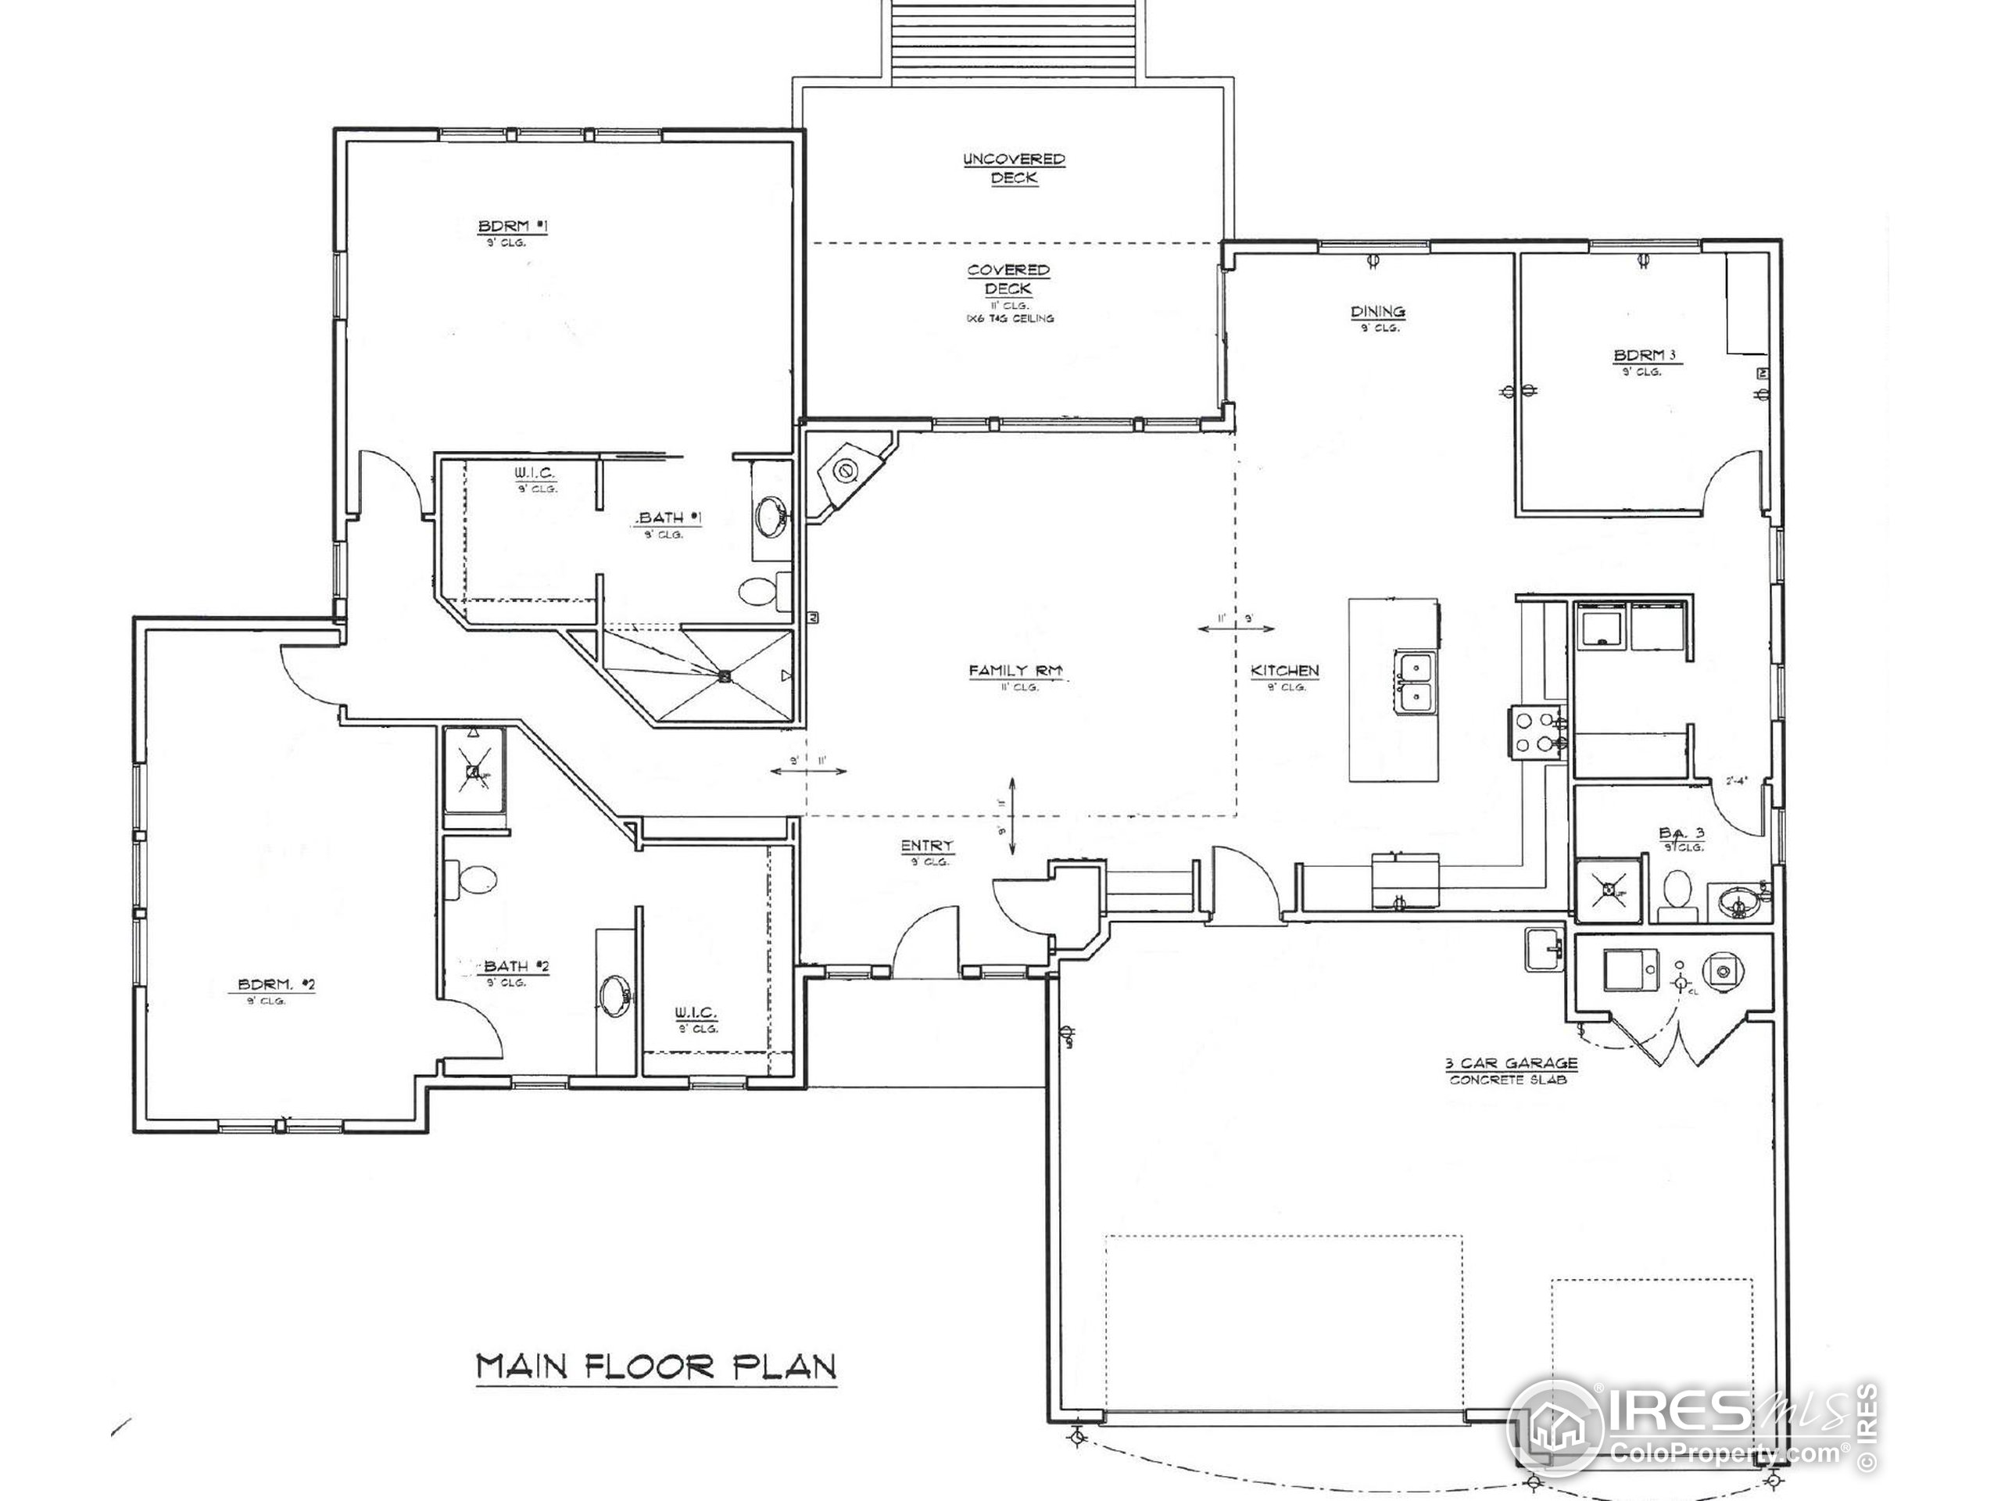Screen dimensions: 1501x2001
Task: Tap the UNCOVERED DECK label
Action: [x=1013, y=168]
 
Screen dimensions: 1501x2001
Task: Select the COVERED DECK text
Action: [x=1008, y=280]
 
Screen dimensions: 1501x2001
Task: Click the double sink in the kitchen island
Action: [x=1413, y=682]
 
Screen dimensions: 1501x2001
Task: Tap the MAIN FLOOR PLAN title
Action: [x=656, y=1367]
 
